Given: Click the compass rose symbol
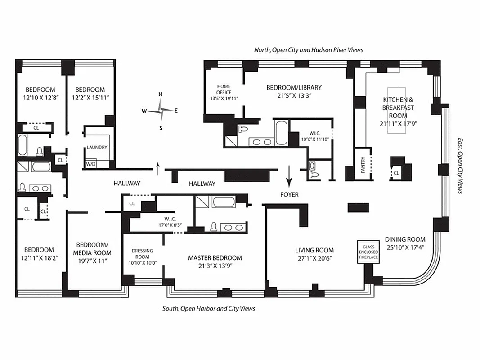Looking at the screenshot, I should click(161, 110).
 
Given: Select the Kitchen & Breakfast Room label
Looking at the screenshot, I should click(398, 108).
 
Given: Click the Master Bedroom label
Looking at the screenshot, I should click(215, 258).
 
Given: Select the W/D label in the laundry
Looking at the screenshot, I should click(91, 164).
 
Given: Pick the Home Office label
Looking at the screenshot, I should click(224, 90).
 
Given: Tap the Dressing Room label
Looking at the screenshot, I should click(142, 254).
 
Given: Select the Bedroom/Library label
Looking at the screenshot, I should click(294, 88).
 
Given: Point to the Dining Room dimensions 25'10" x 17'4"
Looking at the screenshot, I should click(405, 247).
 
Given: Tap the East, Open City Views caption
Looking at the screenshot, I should click(460, 166).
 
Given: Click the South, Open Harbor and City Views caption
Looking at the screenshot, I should click(209, 309).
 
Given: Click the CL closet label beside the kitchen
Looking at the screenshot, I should click(396, 172).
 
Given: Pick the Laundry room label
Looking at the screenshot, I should click(97, 147).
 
